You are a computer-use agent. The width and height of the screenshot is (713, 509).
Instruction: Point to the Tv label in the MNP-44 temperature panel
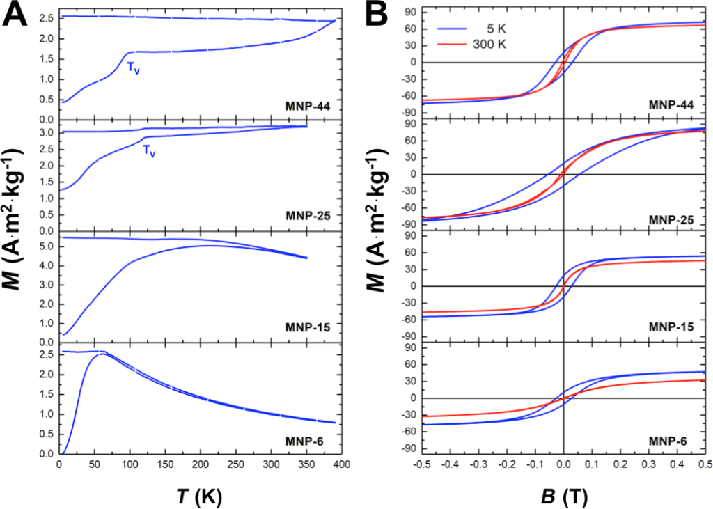[133, 68]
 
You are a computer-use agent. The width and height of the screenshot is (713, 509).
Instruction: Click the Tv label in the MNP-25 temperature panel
[148, 149]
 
